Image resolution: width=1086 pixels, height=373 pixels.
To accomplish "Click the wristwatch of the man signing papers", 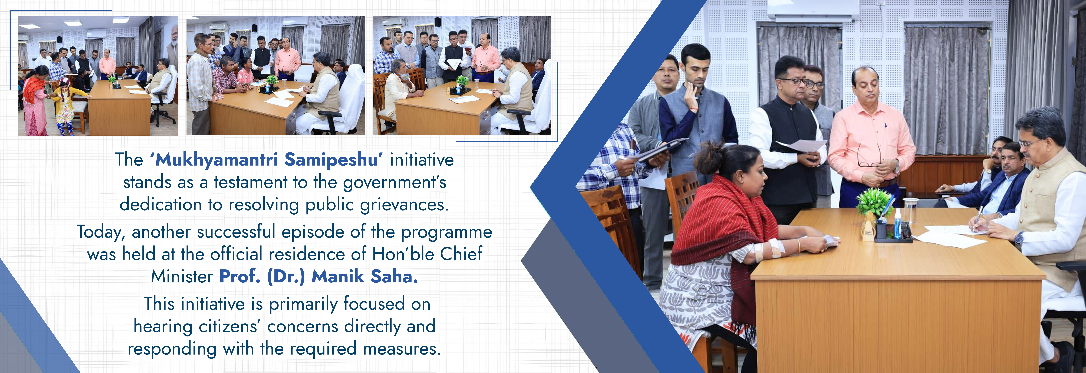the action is tap(1019, 238).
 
